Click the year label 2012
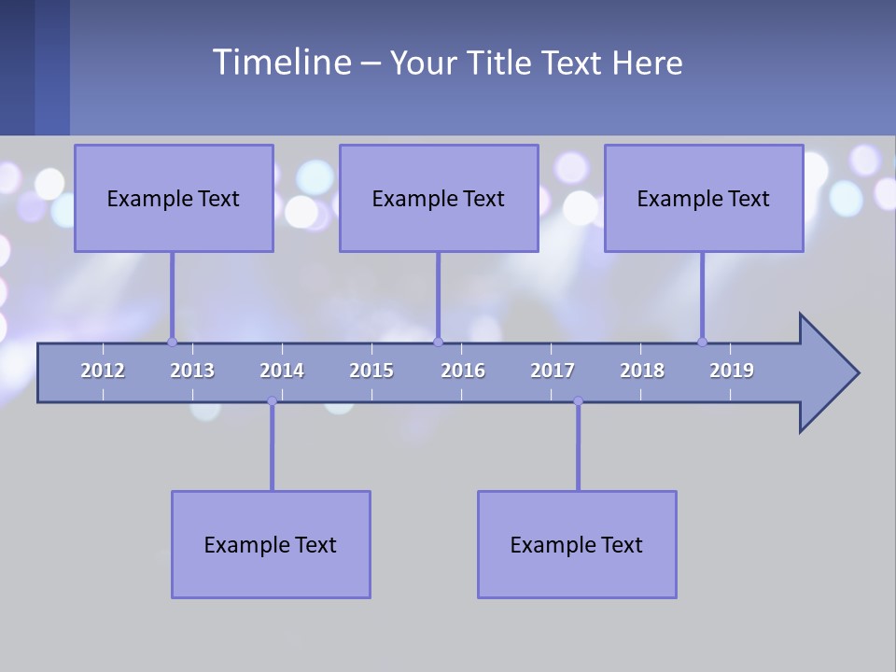pyautogui.click(x=103, y=371)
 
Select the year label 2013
pyautogui.click(x=192, y=371)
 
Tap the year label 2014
pyautogui.click(x=282, y=371)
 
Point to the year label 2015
pyautogui.click(x=371, y=371)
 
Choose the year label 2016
pyautogui.click(x=463, y=371)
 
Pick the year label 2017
pyautogui.click(x=553, y=371)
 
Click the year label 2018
pyautogui.click(x=642, y=371)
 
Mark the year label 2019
pyautogui.click(x=732, y=371)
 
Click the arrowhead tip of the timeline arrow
pyautogui.click(x=857, y=373)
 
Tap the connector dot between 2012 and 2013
pyautogui.click(x=172, y=342)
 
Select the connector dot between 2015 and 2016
pyautogui.click(x=438, y=342)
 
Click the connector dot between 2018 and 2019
pyautogui.click(x=702, y=342)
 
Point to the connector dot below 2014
pyautogui.click(x=272, y=401)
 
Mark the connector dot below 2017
pyautogui.click(x=578, y=401)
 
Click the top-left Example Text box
pyautogui.click(x=174, y=198)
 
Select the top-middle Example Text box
pyautogui.click(x=439, y=198)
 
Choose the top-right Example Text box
pyautogui.click(x=704, y=198)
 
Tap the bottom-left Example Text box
pyautogui.click(x=271, y=544)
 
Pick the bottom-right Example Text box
pyautogui.click(x=577, y=544)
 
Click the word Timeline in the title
pyautogui.click(x=281, y=63)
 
